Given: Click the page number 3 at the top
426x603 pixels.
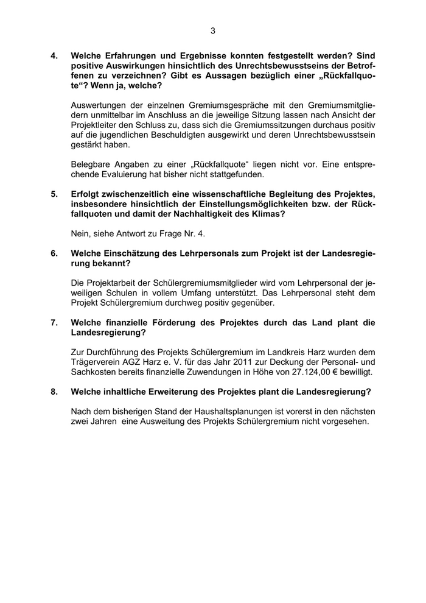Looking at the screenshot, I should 213,30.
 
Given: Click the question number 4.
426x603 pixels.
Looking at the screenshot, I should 54,55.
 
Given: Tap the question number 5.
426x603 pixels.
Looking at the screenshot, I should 54,194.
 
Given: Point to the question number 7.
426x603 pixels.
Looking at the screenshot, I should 54,323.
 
